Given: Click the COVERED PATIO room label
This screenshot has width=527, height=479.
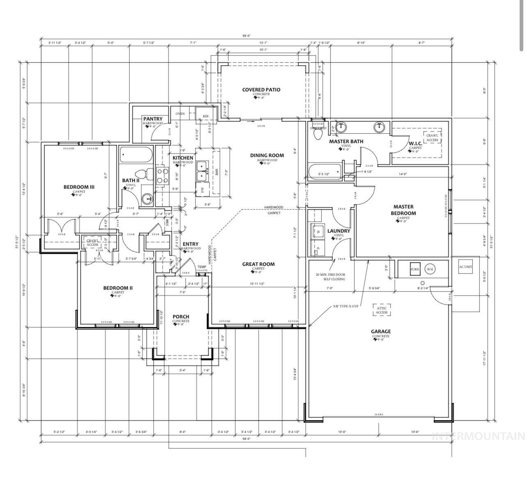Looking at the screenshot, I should click(x=261, y=89).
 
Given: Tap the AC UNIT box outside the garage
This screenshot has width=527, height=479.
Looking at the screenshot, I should click(x=465, y=267).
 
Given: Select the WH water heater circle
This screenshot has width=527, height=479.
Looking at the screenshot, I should click(x=430, y=269).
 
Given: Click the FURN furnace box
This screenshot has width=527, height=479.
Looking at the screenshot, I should click(x=415, y=269).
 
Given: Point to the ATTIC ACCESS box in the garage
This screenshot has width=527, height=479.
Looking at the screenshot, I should click(x=381, y=310).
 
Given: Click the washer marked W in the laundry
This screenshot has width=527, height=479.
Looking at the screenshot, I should click(x=318, y=231).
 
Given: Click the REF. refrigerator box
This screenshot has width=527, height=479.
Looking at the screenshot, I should click(x=206, y=116).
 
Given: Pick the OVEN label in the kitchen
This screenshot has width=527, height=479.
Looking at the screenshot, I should click(x=180, y=114).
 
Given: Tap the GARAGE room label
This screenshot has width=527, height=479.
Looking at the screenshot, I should click(x=380, y=332).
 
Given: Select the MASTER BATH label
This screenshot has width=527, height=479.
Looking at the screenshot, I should click(x=346, y=142).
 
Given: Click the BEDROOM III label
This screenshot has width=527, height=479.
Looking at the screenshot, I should click(x=79, y=187).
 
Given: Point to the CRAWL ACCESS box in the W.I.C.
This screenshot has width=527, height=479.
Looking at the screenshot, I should click(x=432, y=138).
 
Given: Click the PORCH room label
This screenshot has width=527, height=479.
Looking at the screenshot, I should click(x=181, y=316).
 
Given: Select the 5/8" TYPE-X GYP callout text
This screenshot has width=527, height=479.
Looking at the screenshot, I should click(x=346, y=306).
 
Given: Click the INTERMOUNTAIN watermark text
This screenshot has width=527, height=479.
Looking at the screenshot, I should click(x=479, y=436).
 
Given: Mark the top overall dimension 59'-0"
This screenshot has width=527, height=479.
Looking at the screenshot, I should click(x=246, y=36).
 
